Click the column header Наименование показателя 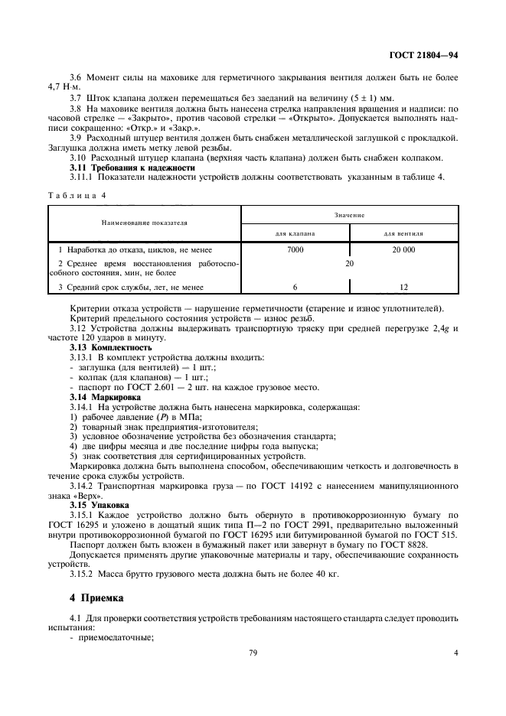tap(145, 223)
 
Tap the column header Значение tap(349, 216)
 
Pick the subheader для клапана tap(295, 232)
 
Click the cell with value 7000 tap(295, 249)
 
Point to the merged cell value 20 tap(349, 263)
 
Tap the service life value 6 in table tap(295, 287)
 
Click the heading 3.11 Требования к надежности tap(127, 168)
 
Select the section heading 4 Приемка tap(96, 597)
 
